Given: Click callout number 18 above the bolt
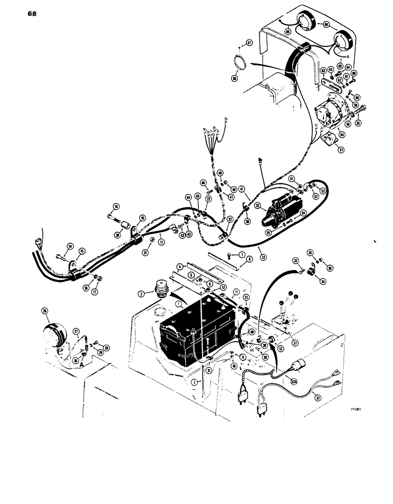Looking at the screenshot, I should click(116, 206).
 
